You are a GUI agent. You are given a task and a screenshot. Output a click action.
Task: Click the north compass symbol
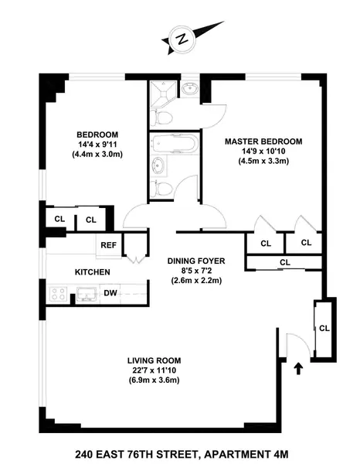pos(179,38)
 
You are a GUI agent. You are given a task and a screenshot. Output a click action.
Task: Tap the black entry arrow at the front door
pos(299,369)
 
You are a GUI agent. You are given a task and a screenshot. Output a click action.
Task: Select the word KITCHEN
pos(92,272)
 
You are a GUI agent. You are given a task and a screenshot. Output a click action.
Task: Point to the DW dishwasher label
pos(110,293)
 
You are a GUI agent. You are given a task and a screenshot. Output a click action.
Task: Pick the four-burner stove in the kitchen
pos(59,293)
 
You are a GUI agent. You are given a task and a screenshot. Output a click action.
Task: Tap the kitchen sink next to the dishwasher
pos(85,294)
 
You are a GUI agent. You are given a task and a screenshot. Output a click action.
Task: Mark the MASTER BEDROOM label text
pos(263,142)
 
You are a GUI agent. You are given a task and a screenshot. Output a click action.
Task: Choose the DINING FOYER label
pos(196,261)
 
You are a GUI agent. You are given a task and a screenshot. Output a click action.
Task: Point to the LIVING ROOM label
pos(155,360)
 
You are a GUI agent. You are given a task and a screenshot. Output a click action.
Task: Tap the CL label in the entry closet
pos(324,328)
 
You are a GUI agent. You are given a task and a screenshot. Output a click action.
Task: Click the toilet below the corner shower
pos(163,118)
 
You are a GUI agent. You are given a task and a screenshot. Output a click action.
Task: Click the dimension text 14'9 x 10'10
pos(263,152)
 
